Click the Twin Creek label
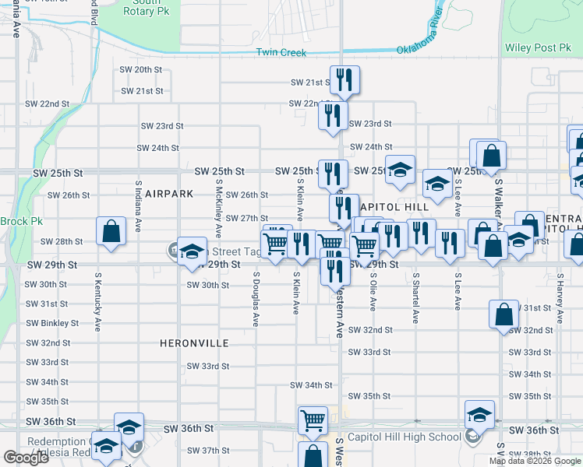coord(281,53)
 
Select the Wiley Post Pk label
coord(538,48)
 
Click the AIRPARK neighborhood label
coord(168,193)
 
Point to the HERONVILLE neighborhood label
coord(194,342)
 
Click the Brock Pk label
coord(21,222)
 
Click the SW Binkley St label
coord(52,323)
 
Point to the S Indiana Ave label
coord(138,206)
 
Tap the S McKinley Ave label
coord(219,209)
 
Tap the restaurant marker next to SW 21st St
coord(344,79)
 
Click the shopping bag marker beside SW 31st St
coord(503,314)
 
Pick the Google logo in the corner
coord(26,458)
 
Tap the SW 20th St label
coord(141,69)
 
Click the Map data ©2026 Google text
coord(534,461)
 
